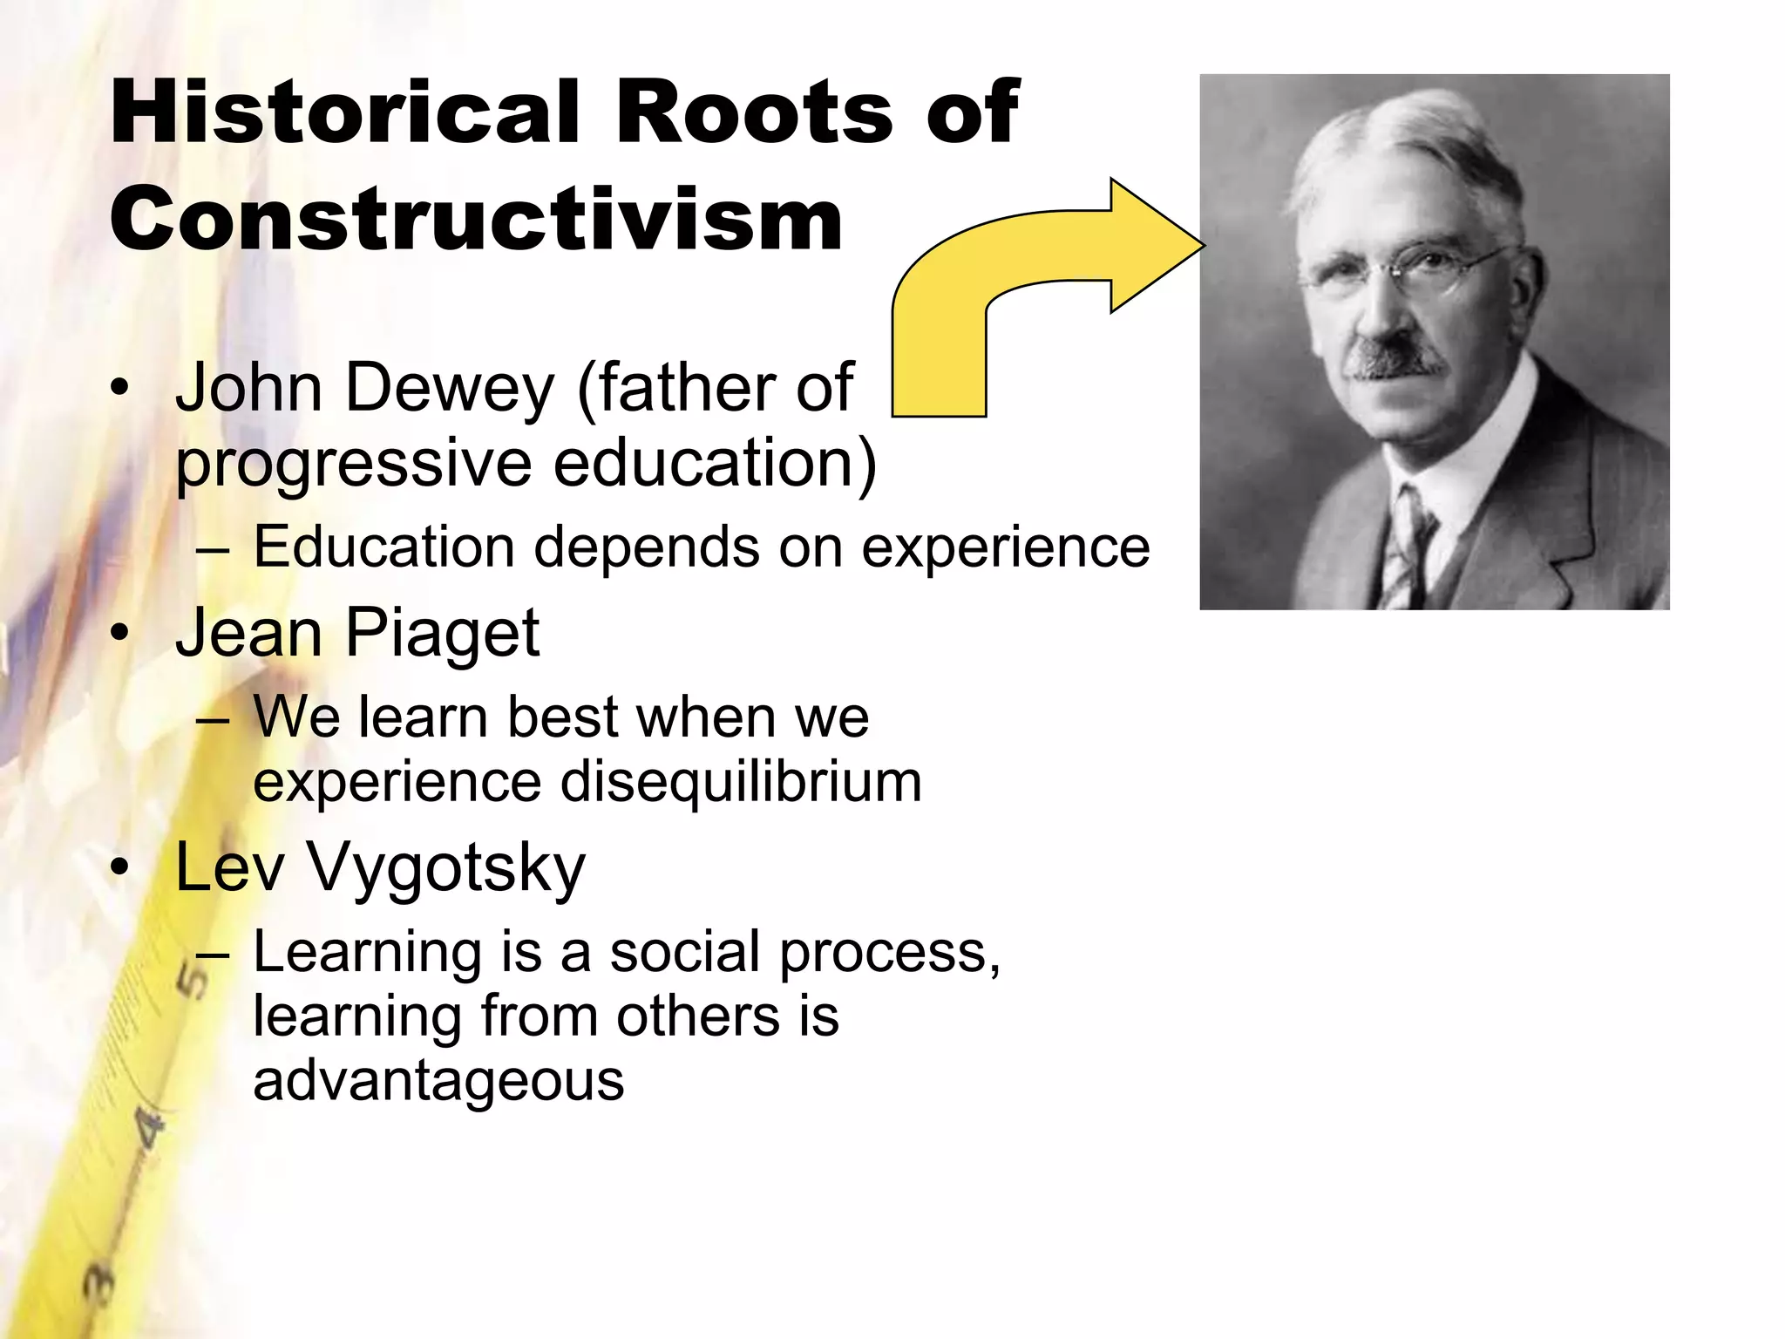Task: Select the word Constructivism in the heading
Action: coord(476,219)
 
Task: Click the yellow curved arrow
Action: coord(1028,279)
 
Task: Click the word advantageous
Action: coord(438,1080)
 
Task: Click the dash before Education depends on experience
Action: coord(213,549)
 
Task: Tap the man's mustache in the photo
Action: coord(1395,357)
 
